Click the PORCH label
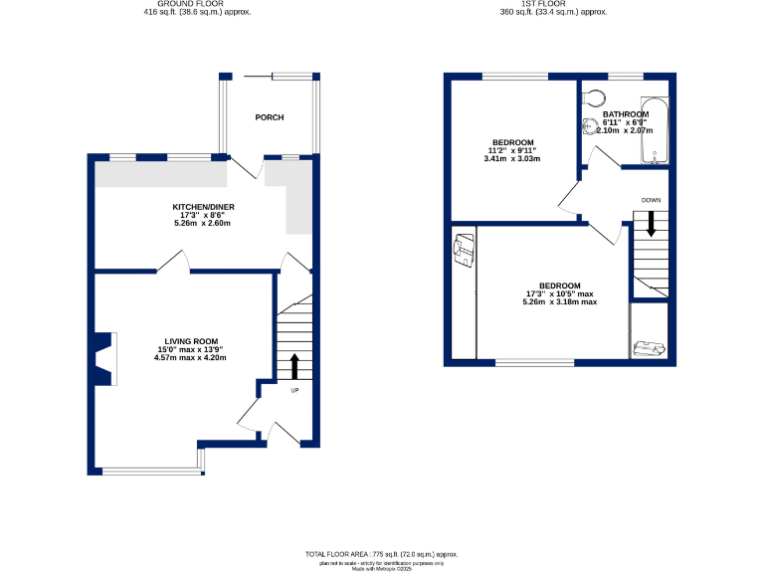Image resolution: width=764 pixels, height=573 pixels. click(269, 117)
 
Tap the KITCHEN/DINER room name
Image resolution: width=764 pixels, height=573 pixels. click(203, 207)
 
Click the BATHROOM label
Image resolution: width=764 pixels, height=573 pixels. click(625, 114)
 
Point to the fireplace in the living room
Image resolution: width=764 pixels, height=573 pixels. click(103, 358)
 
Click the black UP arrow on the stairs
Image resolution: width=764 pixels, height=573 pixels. click(294, 365)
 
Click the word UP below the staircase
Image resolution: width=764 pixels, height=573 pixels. click(294, 390)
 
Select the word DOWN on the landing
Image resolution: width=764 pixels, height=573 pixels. click(651, 200)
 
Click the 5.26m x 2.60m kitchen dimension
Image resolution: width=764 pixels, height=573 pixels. click(203, 223)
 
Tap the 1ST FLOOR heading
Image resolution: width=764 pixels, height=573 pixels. click(553, 4)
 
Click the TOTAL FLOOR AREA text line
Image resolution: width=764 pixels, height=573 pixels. click(382, 553)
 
